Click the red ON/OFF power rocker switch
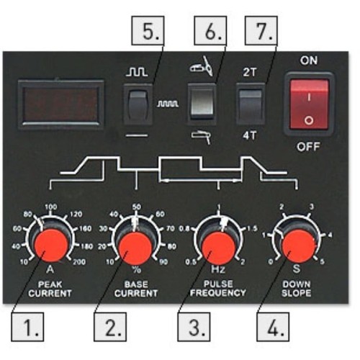pyautogui.click(x=309, y=104)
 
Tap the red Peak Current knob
pyautogui.click(x=51, y=246)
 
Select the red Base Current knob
pyautogui.click(x=135, y=248)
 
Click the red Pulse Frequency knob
pyautogui.click(x=218, y=248)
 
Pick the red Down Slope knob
pyautogui.click(x=299, y=246)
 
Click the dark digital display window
pyautogui.click(x=61, y=104)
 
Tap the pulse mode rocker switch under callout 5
pyautogui.click(x=138, y=104)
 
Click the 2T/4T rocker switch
pyautogui.click(x=251, y=104)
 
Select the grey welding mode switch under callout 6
pyautogui.click(x=202, y=104)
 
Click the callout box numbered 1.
pyautogui.click(x=27, y=327)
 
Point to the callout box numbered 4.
pyautogui.click(x=273, y=327)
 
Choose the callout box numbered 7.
pyautogui.click(x=261, y=30)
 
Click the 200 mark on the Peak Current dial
pyautogui.click(x=79, y=262)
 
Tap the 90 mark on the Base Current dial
pyautogui.click(x=163, y=262)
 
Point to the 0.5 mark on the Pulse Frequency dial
pyautogui.click(x=191, y=262)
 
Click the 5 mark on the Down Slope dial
pyautogui.click(x=323, y=261)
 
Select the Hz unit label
pyautogui.click(x=218, y=269)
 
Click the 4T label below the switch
pyautogui.click(x=250, y=136)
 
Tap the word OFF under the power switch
pyautogui.click(x=308, y=146)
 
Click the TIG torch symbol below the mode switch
pyautogui.click(x=201, y=138)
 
